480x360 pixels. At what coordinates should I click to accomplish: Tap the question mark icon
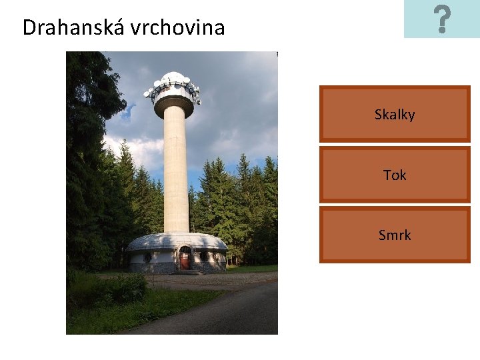[441, 19]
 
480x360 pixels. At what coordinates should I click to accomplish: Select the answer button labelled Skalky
[395, 114]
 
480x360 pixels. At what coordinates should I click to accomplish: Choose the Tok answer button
[395, 175]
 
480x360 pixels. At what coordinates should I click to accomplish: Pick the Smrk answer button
[395, 235]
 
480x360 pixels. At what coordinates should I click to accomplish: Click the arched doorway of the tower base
[185, 258]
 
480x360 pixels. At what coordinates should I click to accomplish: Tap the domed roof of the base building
[177, 241]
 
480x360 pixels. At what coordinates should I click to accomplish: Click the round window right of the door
[203, 257]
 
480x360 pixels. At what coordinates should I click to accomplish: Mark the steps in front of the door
[185, 272]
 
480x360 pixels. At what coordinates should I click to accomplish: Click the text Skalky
[395, 115]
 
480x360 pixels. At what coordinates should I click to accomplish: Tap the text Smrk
[395, 235]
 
